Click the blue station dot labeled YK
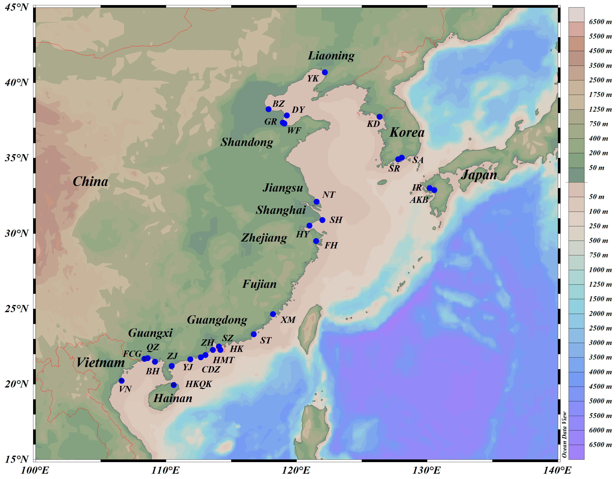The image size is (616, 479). coord(325,72)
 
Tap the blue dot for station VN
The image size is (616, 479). coord(122,381)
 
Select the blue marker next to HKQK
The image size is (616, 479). coord(174,385)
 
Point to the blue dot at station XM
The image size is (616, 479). coord(273,314)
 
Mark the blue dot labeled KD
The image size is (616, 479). coord(379,117)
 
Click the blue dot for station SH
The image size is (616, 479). coord(322,220)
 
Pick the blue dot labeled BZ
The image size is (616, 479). coord(269,109)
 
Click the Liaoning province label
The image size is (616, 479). coord(331,56)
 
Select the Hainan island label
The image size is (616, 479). coord(173,398)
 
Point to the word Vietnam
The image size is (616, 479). coord(100,362)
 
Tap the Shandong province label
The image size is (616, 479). coord(247,142)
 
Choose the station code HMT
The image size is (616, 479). coord(223,360)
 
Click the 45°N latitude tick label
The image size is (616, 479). coord(17,7)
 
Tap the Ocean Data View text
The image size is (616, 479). coord(564,434)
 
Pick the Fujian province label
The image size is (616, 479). coord(260,284)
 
